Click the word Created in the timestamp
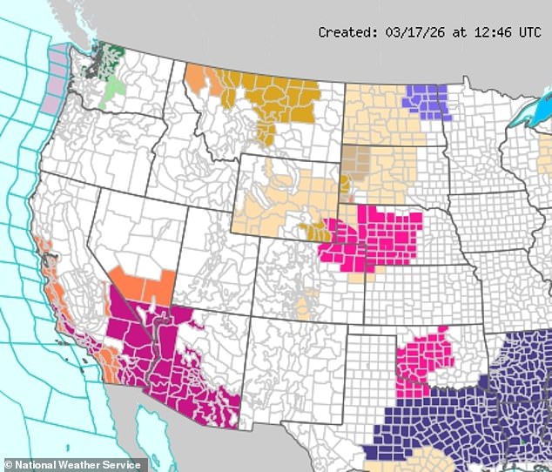(345, 32)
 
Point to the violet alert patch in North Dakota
(426, 101)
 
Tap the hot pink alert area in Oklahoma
(425, 357)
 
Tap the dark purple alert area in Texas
(418, 427)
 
